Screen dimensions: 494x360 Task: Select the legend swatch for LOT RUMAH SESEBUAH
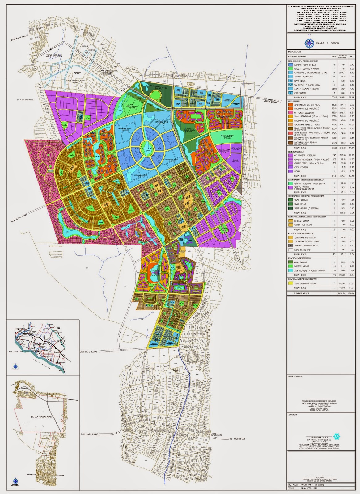tap(291, 113)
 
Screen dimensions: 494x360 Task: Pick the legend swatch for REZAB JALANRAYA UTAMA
tap(291, 283)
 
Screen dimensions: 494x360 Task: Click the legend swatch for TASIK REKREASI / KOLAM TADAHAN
tap(291, 270)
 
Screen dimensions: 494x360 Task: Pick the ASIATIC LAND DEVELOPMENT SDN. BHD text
tap(319, 402)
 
